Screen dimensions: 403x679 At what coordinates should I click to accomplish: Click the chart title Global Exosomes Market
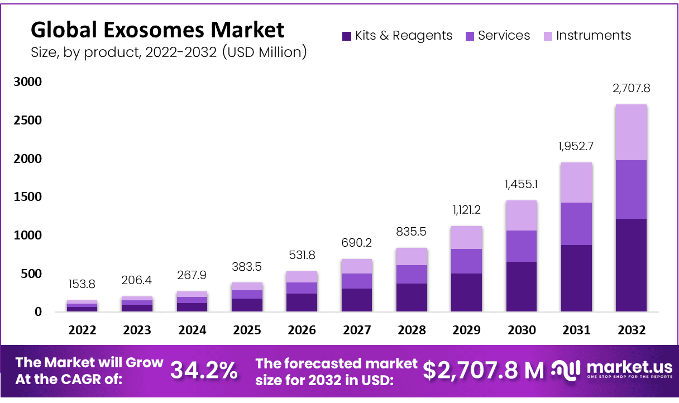pos(157,29)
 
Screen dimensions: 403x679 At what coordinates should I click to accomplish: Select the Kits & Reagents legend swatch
pos(346,36)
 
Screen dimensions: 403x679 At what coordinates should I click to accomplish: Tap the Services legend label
pos(504,36)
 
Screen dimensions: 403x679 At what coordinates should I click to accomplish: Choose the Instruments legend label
pos(594,36)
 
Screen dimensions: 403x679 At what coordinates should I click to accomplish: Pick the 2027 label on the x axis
pos(357,330)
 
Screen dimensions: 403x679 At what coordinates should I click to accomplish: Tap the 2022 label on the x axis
pos(83,330)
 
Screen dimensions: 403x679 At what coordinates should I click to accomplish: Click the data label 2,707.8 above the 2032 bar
pos(631,88)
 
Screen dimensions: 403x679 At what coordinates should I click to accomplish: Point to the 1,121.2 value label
pos(467,210)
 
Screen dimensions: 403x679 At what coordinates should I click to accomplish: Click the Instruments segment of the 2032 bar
pos(631,132)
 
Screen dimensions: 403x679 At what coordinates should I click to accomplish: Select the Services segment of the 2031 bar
pos(576,223)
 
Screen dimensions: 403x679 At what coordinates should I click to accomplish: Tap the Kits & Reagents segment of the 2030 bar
pos(522,286)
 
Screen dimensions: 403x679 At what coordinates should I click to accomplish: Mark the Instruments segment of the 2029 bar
pos(467,237)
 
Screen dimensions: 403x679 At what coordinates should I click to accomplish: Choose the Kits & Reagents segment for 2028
pos(412,297)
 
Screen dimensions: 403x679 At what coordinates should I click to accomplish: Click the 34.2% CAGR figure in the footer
pos(204,370)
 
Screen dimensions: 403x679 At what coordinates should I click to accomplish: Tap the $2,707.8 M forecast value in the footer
pos(483,370)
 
